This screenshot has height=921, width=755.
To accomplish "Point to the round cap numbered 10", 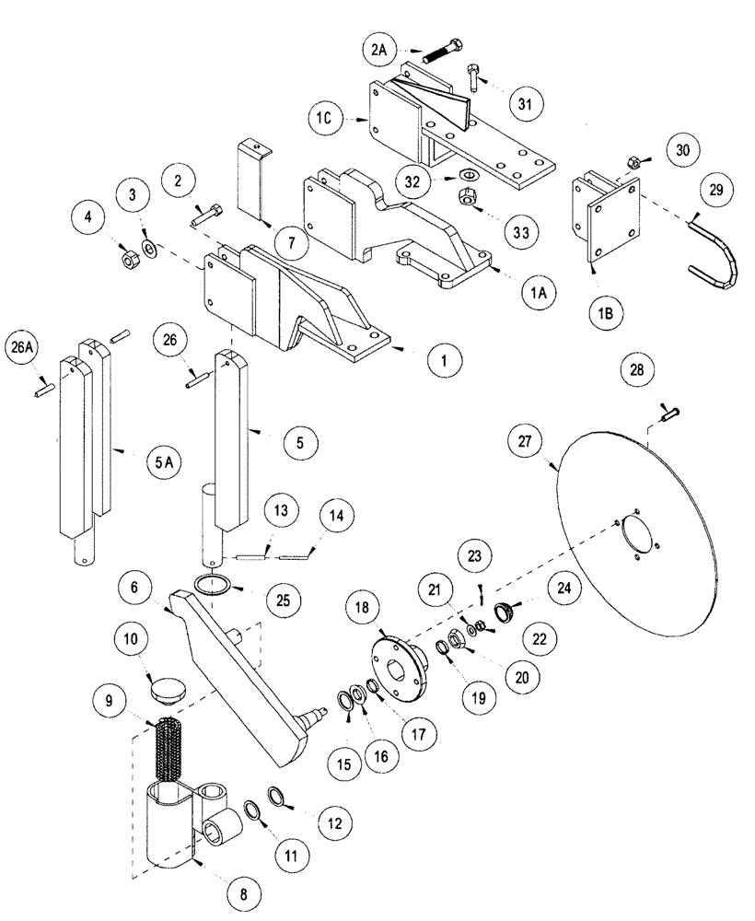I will coord(167,690).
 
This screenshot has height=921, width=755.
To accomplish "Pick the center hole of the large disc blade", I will coord(634,535).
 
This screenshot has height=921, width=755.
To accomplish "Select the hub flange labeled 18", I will coord(397,660).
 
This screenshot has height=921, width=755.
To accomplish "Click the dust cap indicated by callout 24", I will coord(505,612).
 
